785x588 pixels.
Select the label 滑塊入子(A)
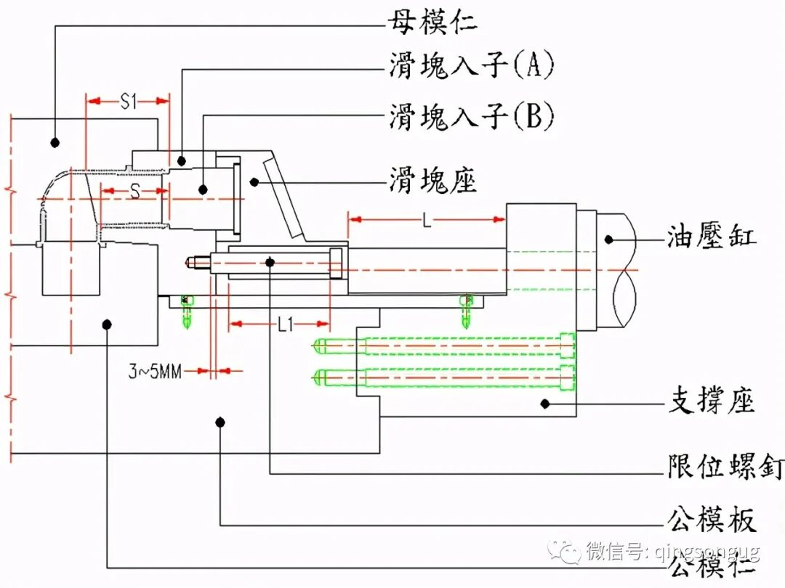(x=471, y=67)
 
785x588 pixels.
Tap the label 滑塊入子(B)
(x=471, y=115)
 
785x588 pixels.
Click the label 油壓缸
(x=712, y=237)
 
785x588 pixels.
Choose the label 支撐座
(x=712, y=401)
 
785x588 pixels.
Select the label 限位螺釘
(x=725, y=467)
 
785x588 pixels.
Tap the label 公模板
(x=712, y=520)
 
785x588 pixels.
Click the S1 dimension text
(x=128, y=102)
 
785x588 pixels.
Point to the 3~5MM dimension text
(x=155, y=372)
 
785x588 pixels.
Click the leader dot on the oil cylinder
(x=609, y=237)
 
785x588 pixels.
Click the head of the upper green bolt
(x=567, y=346)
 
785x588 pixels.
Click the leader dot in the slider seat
(x=253, y=181)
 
